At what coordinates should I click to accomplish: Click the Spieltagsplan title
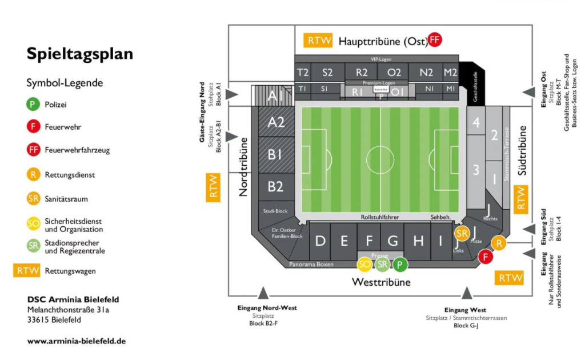pyautogui.click(x=79, y=54)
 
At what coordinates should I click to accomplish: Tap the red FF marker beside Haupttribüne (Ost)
pyautogui.click(x=435, y=40)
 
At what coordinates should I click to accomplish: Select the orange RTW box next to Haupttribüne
pyautogui.click(x=316, y=41)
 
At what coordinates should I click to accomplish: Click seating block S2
pyautogui.click(x=327, y=73)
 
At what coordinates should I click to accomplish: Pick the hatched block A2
pyautogui.click(x=277, y=122)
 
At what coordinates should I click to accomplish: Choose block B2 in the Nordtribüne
pyautogui.click(x=276, y=186)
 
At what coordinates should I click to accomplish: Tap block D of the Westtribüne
pyautogui.click(x=320, y=241)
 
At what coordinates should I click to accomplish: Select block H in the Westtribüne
pyautogui.click(x=419, y=241)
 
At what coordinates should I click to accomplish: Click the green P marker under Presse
pyautogui.click(x=400, y=264)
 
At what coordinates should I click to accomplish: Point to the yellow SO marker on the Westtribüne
pyautogui.click(x=364, y=264)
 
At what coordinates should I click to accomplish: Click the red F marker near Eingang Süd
pyautogui.click(x=486, y=257)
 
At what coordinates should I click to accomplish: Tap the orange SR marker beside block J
pyautogui.click(x=462, y=233)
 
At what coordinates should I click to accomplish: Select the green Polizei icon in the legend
pyautogui.click(x=33, y=105)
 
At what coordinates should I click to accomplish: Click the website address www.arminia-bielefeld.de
pyautogui.click(x=77, y=341)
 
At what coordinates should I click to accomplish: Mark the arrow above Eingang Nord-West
pyautogui.click(x=263, y=294)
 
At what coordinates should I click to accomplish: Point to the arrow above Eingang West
pyautogui.click(x=467, y=294)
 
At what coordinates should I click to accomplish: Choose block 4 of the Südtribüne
pyautogui.click(x=476, y=122)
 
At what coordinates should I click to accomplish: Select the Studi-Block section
pyautogui.click(x=275, y=211)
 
